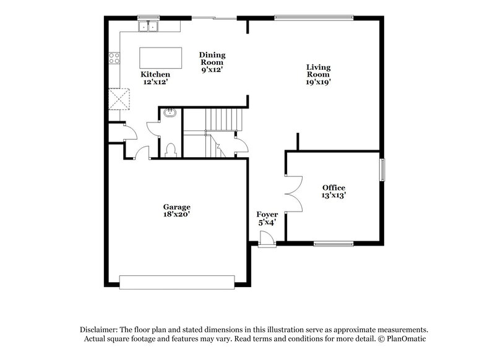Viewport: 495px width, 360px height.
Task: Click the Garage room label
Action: (x=177, y=211)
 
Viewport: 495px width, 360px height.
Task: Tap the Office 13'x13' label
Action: (x=334, y=191)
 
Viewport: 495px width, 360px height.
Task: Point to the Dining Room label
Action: (x=212, y=62)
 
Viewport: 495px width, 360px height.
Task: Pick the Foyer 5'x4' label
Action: (x=266, y=218)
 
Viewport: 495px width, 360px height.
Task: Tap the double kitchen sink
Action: (x=149, y=27)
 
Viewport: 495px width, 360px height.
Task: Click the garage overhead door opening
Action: (x=178, y=282)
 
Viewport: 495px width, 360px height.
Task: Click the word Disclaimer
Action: (x=100, y=330)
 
